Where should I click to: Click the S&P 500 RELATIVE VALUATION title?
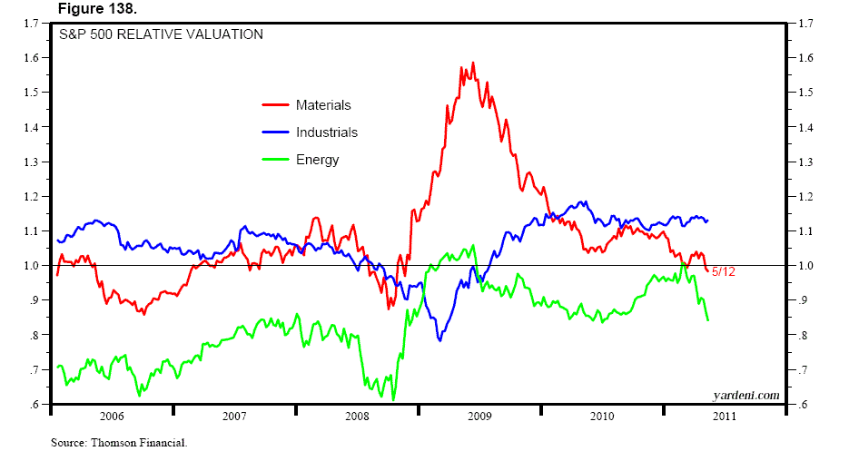[x=163, y=35]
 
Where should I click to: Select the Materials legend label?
[x=323, y=105]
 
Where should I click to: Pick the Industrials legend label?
[x=327, y=132]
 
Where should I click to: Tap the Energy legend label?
[x=317, y=160]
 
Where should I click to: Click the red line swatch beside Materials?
[x=275, y=105]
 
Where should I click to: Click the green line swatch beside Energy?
[x=275, y=160]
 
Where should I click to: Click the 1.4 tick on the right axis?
[x=805, y=127]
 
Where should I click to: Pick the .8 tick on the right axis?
[x=804, y=336]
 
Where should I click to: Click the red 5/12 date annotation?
[x=724, y=271]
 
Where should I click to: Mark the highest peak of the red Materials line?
[x=473, y=63]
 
